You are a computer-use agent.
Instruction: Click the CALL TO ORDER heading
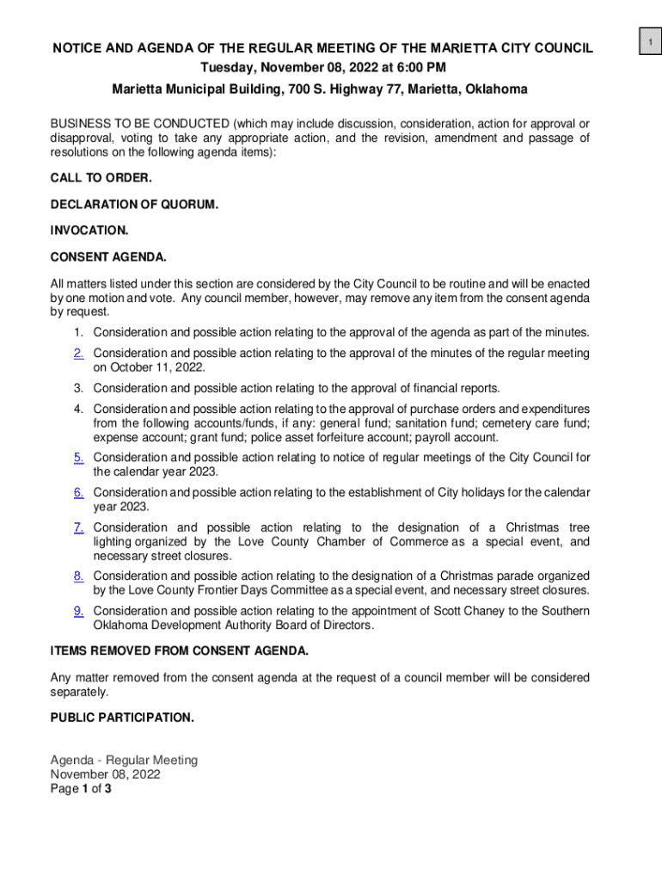click(x=101, y=178)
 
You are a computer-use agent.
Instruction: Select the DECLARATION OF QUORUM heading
click(x=134, y=205)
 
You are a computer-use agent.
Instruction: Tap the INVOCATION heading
click(x=89, y=231)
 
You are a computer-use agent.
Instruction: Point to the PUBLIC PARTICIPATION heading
click(x=122, y=718)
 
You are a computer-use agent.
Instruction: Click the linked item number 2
click(x=78, y=354)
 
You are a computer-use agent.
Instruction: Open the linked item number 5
click(x=78, y=458)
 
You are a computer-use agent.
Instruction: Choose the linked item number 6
click(x=78, y=493)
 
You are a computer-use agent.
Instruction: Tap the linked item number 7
click(x=78, y=527)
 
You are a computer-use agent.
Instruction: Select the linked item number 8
click(x=78, y=576)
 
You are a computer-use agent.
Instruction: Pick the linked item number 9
click(x=78, y=611)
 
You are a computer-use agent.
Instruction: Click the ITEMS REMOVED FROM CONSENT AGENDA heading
click(x=179, y=650)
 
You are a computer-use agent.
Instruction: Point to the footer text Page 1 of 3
click(x=81, y=787)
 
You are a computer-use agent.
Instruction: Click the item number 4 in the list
click(x=78, y=410)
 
